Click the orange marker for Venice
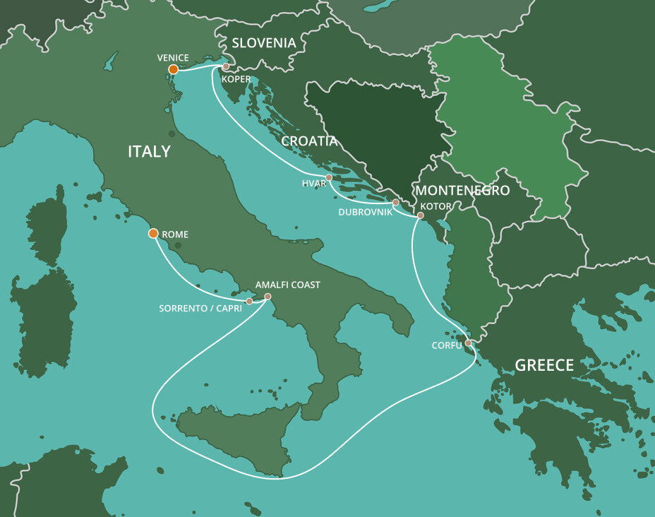click(173, 69)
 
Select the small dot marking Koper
click(226, 67)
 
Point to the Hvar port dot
click(329, 177)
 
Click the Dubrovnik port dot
click(396, 203)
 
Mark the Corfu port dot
click(468, 343)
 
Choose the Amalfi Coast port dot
click(267, 297)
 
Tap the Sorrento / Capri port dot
click(249, 302)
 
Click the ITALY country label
click(149, 151)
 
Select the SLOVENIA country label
click(264, 43)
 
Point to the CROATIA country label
click(309, 141)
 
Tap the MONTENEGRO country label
click(462, 191)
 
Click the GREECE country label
click(544, 365)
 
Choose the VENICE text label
click(174, 57)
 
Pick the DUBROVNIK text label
click(365, 212)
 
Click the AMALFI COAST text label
click(287, 285)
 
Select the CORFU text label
click(447, 345)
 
